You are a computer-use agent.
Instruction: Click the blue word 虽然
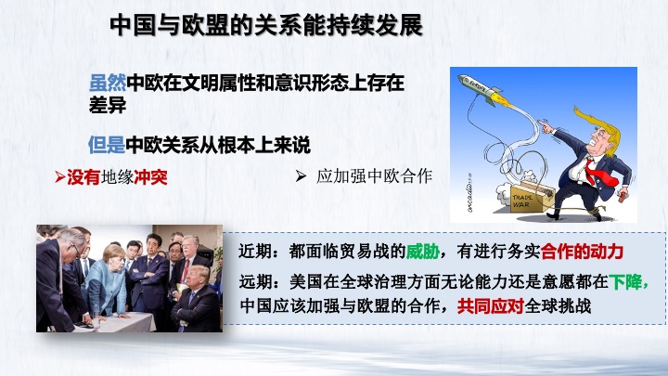[108, 83]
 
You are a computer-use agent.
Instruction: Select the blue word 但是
[107, 145]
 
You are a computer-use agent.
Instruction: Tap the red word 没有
[83, 177]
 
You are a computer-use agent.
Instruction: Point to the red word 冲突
[151, 177]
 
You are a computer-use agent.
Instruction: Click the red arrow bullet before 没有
[60, 177]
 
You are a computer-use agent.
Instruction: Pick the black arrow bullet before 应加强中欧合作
[301, 175]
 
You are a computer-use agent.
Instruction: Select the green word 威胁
[423, 251]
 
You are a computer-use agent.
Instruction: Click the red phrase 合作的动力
[582, 251]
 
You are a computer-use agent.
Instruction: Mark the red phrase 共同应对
[491, 306]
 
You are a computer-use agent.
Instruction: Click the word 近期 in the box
[255, 251]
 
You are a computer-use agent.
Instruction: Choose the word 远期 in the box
[256, 281]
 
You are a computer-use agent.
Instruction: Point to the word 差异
[108, 105]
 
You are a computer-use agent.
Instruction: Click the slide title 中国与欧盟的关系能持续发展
[266, 25]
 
